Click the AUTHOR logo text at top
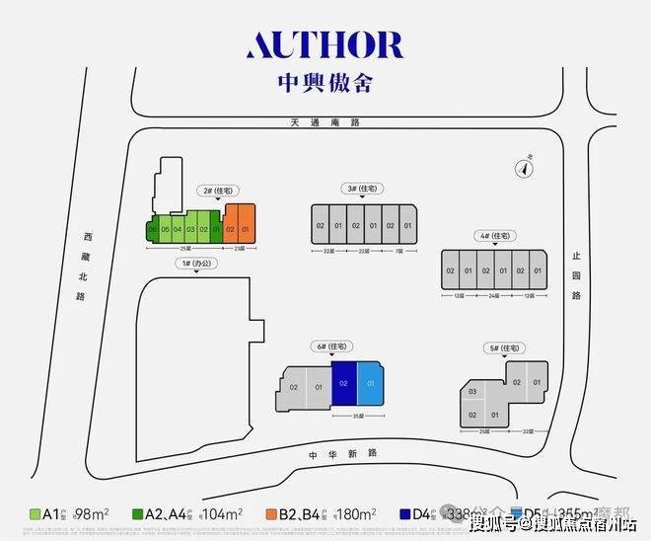325,45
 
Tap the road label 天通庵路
325,122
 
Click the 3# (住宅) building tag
364,189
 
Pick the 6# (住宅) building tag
328,347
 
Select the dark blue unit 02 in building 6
343,383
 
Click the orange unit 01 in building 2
246,230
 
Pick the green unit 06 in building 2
152,230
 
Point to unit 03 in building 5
471,393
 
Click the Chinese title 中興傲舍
325,84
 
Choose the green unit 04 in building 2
178,230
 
